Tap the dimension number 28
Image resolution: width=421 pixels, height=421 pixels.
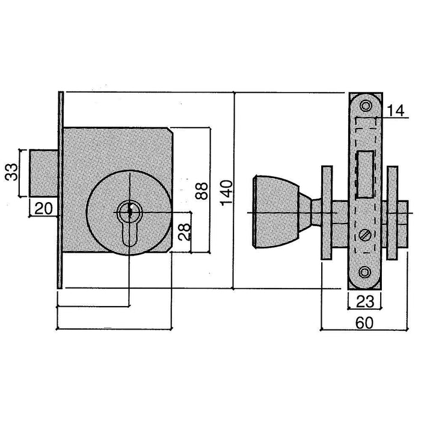click(x=182, y=230)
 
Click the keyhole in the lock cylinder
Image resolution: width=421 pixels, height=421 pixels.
click(x=128, y=212)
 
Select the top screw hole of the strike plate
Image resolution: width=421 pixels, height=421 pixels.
click(x=365, y=106)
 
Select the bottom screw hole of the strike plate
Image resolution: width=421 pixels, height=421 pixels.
click(x=364, y=272)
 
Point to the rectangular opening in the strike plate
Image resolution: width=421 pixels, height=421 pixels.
click(x=364, y=176)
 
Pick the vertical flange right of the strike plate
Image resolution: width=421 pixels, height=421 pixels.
click(x=392, y=213)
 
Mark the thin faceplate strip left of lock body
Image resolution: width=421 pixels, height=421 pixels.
click(x=60, y=189)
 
